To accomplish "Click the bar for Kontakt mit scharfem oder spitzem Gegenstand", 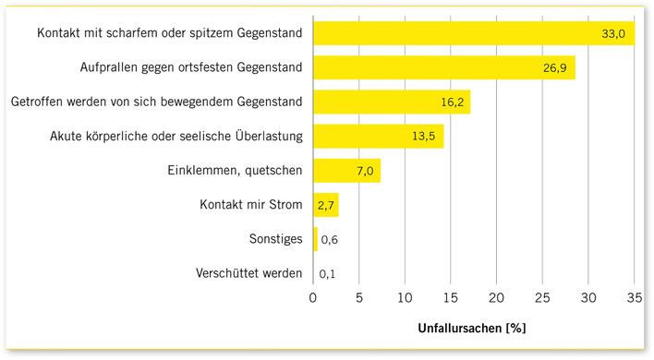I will point(462,33).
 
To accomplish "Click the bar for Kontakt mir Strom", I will point(325,205).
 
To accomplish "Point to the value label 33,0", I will point(614,34).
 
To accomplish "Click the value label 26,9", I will point(556,68).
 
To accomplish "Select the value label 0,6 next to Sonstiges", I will point(328,240).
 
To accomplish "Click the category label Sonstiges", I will point(276,239).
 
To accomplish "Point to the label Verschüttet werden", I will point(248,273).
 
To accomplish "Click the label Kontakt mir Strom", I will point(251,205).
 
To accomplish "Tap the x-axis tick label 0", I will point(313,297).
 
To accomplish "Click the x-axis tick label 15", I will point(450,297).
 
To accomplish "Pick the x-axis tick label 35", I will point(633,297).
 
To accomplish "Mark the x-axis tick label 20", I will point(496,297).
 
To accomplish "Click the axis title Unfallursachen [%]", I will point(473,327).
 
